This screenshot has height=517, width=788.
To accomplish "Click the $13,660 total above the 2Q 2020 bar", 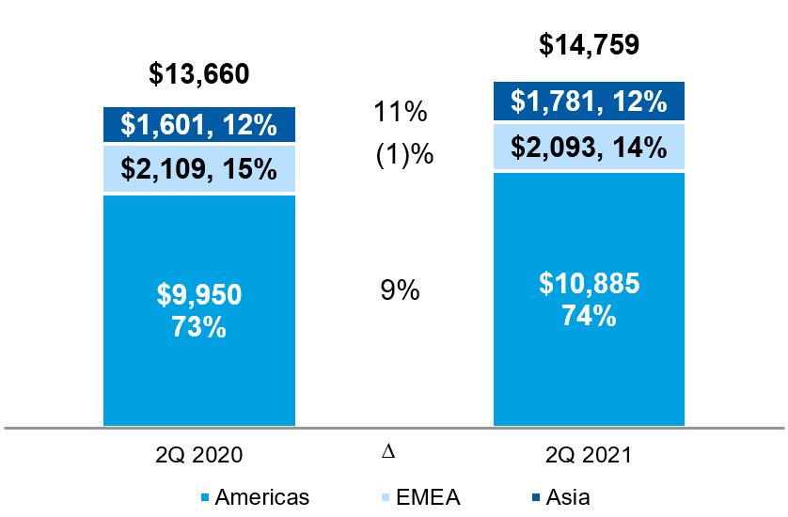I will pos(199,73).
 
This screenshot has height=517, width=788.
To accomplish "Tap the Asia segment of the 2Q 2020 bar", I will pos(199,125).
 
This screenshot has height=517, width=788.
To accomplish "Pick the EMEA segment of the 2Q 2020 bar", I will pos(199,169).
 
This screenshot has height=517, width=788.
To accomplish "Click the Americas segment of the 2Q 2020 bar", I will pos(199,367).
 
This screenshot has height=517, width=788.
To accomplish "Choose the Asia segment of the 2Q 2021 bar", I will pos(590,102).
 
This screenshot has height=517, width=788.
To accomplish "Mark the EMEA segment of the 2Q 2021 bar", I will pos(590,146).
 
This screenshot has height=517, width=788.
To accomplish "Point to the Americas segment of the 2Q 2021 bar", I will pos(590,376).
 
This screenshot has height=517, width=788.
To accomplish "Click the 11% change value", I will pos(402,114).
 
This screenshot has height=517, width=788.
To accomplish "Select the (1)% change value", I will pos(404,154).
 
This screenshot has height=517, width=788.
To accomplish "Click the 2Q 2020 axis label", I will pos(199,455).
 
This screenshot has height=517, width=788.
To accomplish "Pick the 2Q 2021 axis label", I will pos(590,455).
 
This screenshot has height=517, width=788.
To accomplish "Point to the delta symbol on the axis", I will pos(387,453).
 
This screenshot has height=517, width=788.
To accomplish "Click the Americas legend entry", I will pos(254,496).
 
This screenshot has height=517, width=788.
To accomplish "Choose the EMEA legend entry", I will pos(423,496).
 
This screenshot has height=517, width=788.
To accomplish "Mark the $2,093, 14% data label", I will pos(590,146).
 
